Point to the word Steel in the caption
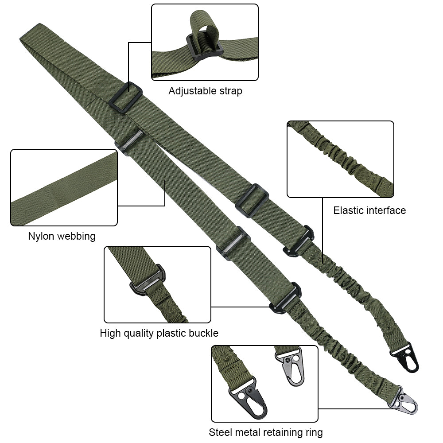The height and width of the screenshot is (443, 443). pyautogui.click(x=220, y=432)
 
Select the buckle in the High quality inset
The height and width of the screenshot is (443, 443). pyautogui.click(x=148, y=280)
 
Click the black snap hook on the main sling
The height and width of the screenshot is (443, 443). pyautogui.click(x=405, y=358)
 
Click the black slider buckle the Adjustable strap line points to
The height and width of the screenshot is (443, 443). pyautogui.click(x=125, y=97)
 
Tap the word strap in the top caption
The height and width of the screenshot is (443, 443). pyautogui.click(x=231, y=91)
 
